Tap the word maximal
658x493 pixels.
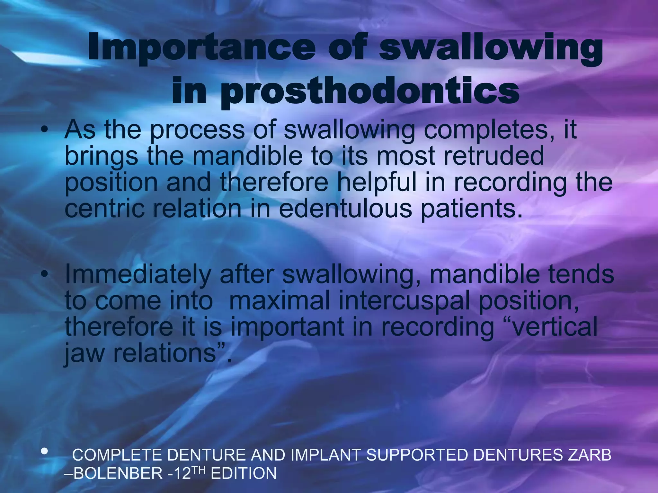[x=280, y=301]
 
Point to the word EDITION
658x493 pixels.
[x=244, y=473]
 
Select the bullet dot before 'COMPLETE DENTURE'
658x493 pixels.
[x=45, y=452]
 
